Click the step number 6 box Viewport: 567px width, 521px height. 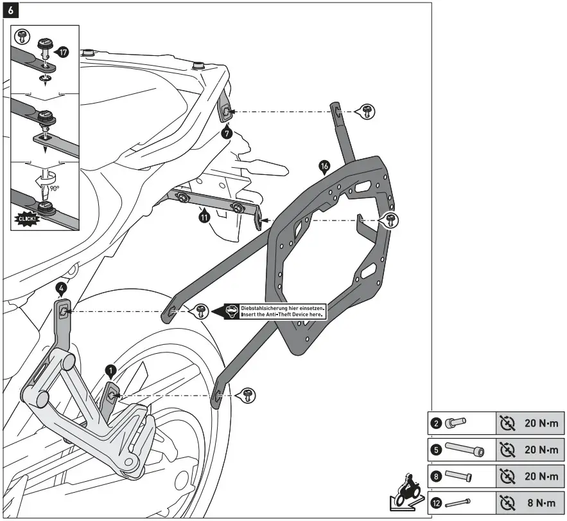coord(10,10)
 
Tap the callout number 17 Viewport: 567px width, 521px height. coord(63,52)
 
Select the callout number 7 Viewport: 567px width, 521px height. coord(227,133)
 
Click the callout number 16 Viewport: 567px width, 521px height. coord(324,167)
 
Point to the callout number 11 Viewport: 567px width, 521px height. coord(205,217)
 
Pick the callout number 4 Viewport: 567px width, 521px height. coord(61,289)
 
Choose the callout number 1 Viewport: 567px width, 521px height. coord(110,370)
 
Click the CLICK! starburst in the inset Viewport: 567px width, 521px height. coord(27,219)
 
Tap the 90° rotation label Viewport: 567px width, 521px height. coord(54,188)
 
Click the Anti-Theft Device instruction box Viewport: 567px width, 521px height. coord(275,311)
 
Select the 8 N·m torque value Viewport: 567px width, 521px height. coord(541,503)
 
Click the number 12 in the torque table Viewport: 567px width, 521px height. coord(437,503)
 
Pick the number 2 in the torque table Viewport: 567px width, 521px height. coord(437,423)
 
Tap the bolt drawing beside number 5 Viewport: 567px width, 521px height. coord(465,449)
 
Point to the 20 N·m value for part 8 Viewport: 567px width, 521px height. coord(541,476)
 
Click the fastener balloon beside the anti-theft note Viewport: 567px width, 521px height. coord(200,311)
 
